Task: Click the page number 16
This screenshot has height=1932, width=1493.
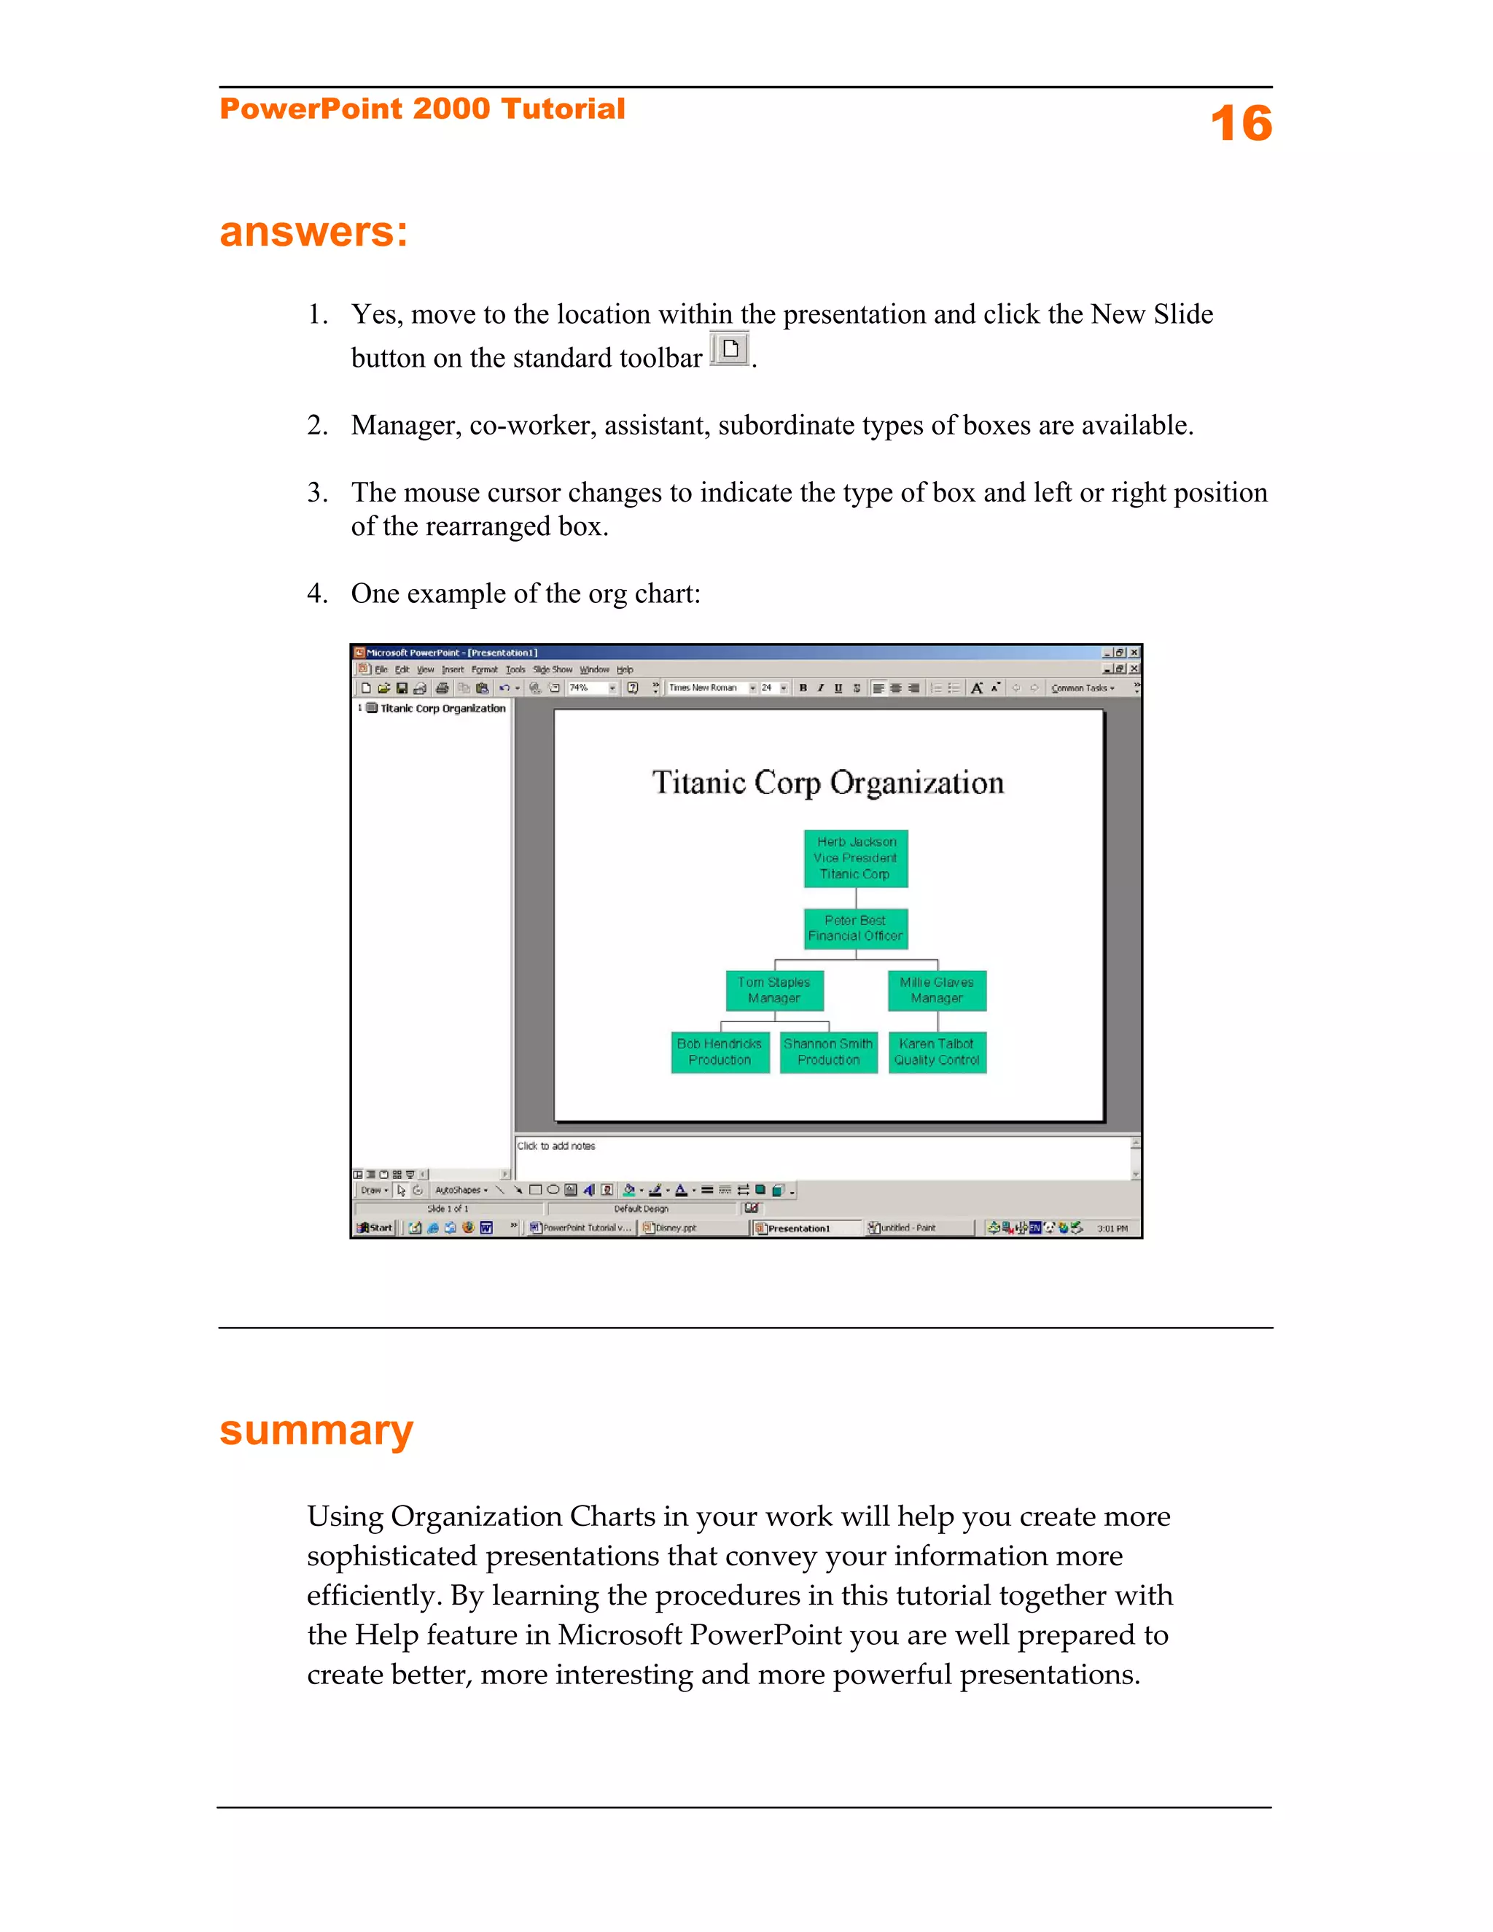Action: [x=1240, y=123]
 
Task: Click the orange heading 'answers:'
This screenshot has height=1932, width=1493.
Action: [x=313, y=232]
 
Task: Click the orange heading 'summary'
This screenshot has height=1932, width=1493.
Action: [x=316, y=1430]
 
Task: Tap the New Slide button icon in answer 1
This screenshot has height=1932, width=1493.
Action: [x=730, y=348]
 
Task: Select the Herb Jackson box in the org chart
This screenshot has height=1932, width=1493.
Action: [x=855, y=858]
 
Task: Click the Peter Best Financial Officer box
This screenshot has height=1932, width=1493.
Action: [x=855, y=928]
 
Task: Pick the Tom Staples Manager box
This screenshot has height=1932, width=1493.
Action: [x=774, y=990]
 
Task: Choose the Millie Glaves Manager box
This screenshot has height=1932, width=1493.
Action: [x=937, y=990]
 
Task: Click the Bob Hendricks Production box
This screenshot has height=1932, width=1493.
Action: [x=719, y=1052]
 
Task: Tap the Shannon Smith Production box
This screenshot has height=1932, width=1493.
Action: [x=828, y=1052]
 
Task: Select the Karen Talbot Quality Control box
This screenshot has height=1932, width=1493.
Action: [x=937, y=1052]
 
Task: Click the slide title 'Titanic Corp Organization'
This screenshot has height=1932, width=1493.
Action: [x=828, y=783]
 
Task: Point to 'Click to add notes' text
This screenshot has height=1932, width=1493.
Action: [x=556, y=1145]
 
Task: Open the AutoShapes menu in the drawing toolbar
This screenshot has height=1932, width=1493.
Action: [x=460, y=1190]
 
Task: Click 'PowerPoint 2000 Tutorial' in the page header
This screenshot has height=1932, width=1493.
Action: [x=422, y=109]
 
